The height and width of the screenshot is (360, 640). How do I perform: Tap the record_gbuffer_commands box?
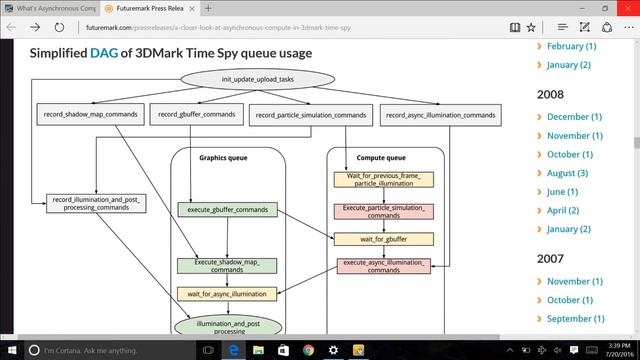pyautogui.click(x=196, y=115)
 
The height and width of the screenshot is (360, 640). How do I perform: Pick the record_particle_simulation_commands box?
pyautogui.click(x=311, y=116)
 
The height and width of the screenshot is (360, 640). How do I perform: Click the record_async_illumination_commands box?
pyautogui.click(x=441, y=115)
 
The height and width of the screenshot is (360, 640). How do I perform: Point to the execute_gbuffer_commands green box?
pyautogui.click(x=227, y=209)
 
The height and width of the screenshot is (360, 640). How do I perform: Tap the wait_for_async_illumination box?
pyautogui.click(x=227, y=294)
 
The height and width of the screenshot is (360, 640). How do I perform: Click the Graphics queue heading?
pyautogui.click(x=223, y=158)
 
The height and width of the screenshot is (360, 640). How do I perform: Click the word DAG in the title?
pyautogui.click(x=102, y=53)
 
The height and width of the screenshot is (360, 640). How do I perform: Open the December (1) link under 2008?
pyautogui.click(x=574, y=116)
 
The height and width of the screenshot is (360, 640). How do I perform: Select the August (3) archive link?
pyautogui.click(x=567, y=173)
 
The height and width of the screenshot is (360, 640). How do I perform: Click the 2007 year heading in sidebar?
pyautogui.click(x=551, y=258)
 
